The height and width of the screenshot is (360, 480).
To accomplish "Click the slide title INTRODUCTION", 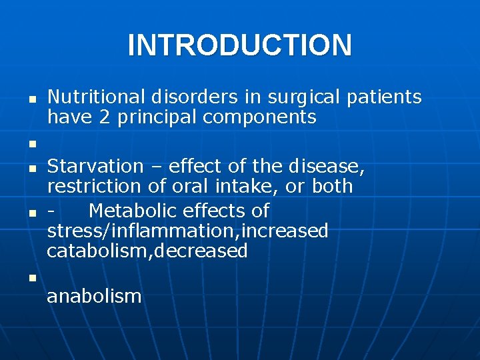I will tap(239, 45).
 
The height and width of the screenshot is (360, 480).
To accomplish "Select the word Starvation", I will tap(95, 166).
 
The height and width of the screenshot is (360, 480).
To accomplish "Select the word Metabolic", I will tap(132, 211).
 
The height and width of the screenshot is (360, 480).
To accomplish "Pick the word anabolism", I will tap(94, 296).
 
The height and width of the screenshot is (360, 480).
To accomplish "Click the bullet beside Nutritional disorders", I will tap(31, 98).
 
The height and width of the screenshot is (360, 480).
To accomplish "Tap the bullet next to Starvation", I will tap(31, 167).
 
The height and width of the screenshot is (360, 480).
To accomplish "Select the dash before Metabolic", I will tap(51, 212).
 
